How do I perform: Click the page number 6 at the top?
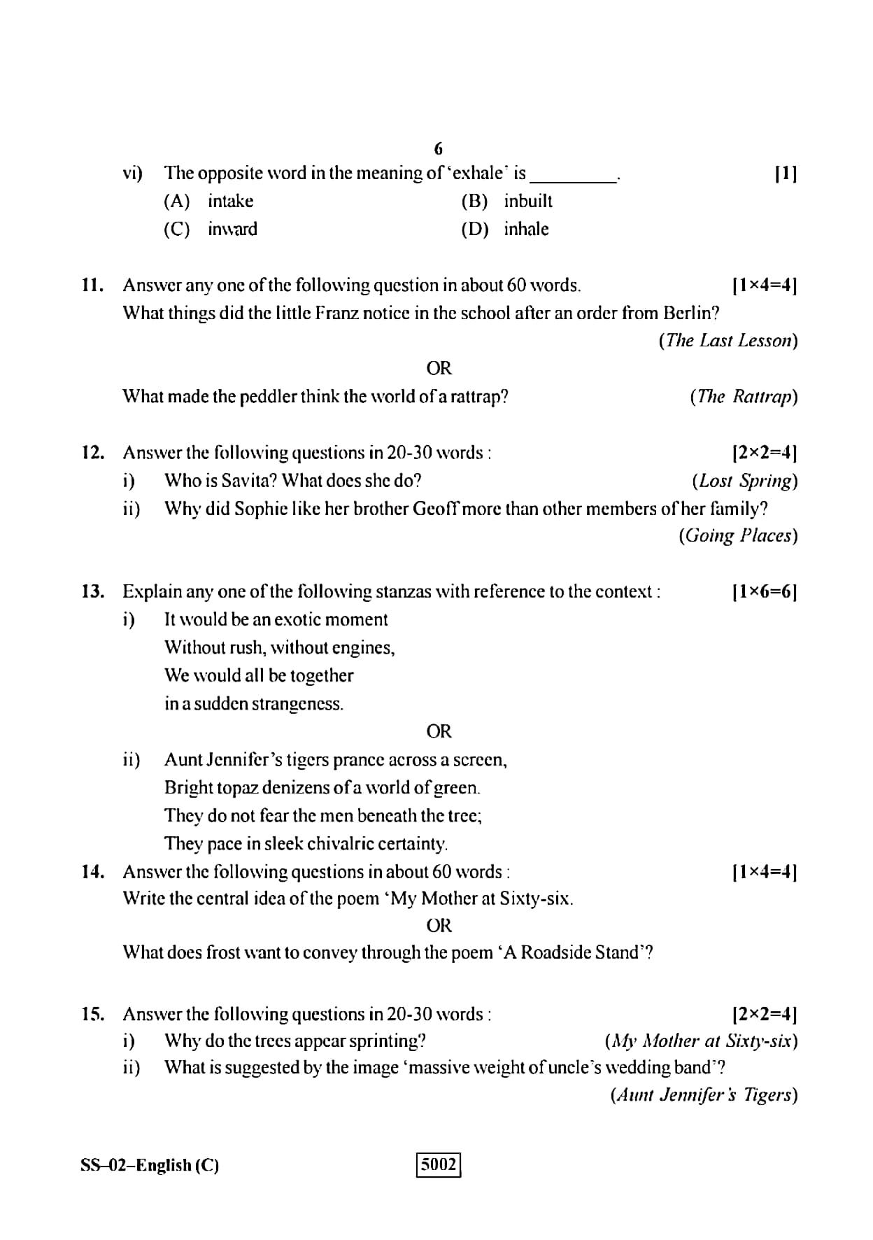[439, 148]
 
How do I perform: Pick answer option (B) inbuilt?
[506, 202]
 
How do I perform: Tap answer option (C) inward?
[211, 229]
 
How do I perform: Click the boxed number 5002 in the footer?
[439, 1165]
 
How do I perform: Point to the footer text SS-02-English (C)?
[150, 1165]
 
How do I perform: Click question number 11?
[92, 285]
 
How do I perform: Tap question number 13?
[92, 591]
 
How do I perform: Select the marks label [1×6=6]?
[764, 592]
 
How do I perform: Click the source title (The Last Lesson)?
[727, 341]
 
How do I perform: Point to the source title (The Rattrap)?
[743, 397]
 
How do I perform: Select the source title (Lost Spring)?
[744, 481]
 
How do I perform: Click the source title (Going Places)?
[737, 536]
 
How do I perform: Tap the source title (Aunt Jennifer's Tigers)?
[704, 1095]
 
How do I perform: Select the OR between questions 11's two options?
[439, 368]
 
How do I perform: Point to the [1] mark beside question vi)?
[786, 174]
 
